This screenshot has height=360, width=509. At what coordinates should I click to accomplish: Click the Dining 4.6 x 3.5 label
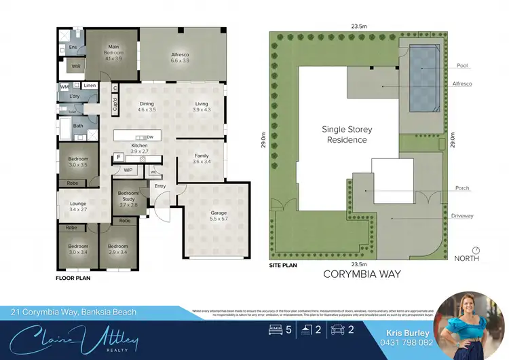(147, 107)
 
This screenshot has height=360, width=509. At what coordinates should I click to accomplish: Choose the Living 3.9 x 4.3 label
(202, 107)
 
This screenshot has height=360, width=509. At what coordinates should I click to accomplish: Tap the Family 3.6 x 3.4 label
(201, 159)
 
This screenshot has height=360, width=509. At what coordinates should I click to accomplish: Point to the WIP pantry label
(128, 170)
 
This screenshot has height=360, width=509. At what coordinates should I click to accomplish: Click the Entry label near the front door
(160, 186)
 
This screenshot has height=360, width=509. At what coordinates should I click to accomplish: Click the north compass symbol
(476, 249)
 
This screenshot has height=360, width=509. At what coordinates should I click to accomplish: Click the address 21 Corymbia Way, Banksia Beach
(73, 312)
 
